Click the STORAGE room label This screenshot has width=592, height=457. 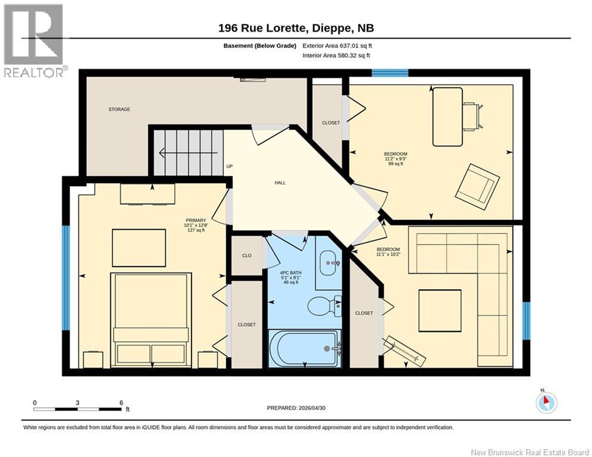click(x=120, y=109)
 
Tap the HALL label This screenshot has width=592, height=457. click(x=280, y=183)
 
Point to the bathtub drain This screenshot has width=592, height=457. click(x=327, y=349)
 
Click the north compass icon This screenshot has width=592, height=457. click(x=546, y=403)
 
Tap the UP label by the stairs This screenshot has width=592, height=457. click(x=230, y=167)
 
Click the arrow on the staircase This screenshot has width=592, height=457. click(x=189, y=153)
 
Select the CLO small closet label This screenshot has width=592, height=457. click(x=247, y=256)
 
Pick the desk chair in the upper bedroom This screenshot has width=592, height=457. click(x=474, y=117)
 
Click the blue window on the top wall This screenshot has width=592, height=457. click(x=390, y=73)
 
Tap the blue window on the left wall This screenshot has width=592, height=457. click(x=66, y=278)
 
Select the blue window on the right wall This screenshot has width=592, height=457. click(x=527, y=320)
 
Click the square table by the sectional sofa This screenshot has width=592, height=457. click(x=440, y=311)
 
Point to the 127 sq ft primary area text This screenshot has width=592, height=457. click(x=196, y=230)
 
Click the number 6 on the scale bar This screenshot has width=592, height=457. click(x=121, y=403)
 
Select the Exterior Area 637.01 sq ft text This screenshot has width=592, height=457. click(x=337, y=46)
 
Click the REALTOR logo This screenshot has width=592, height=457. click(x=35, y=41)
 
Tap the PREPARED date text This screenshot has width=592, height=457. click(x=296, y=408)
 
